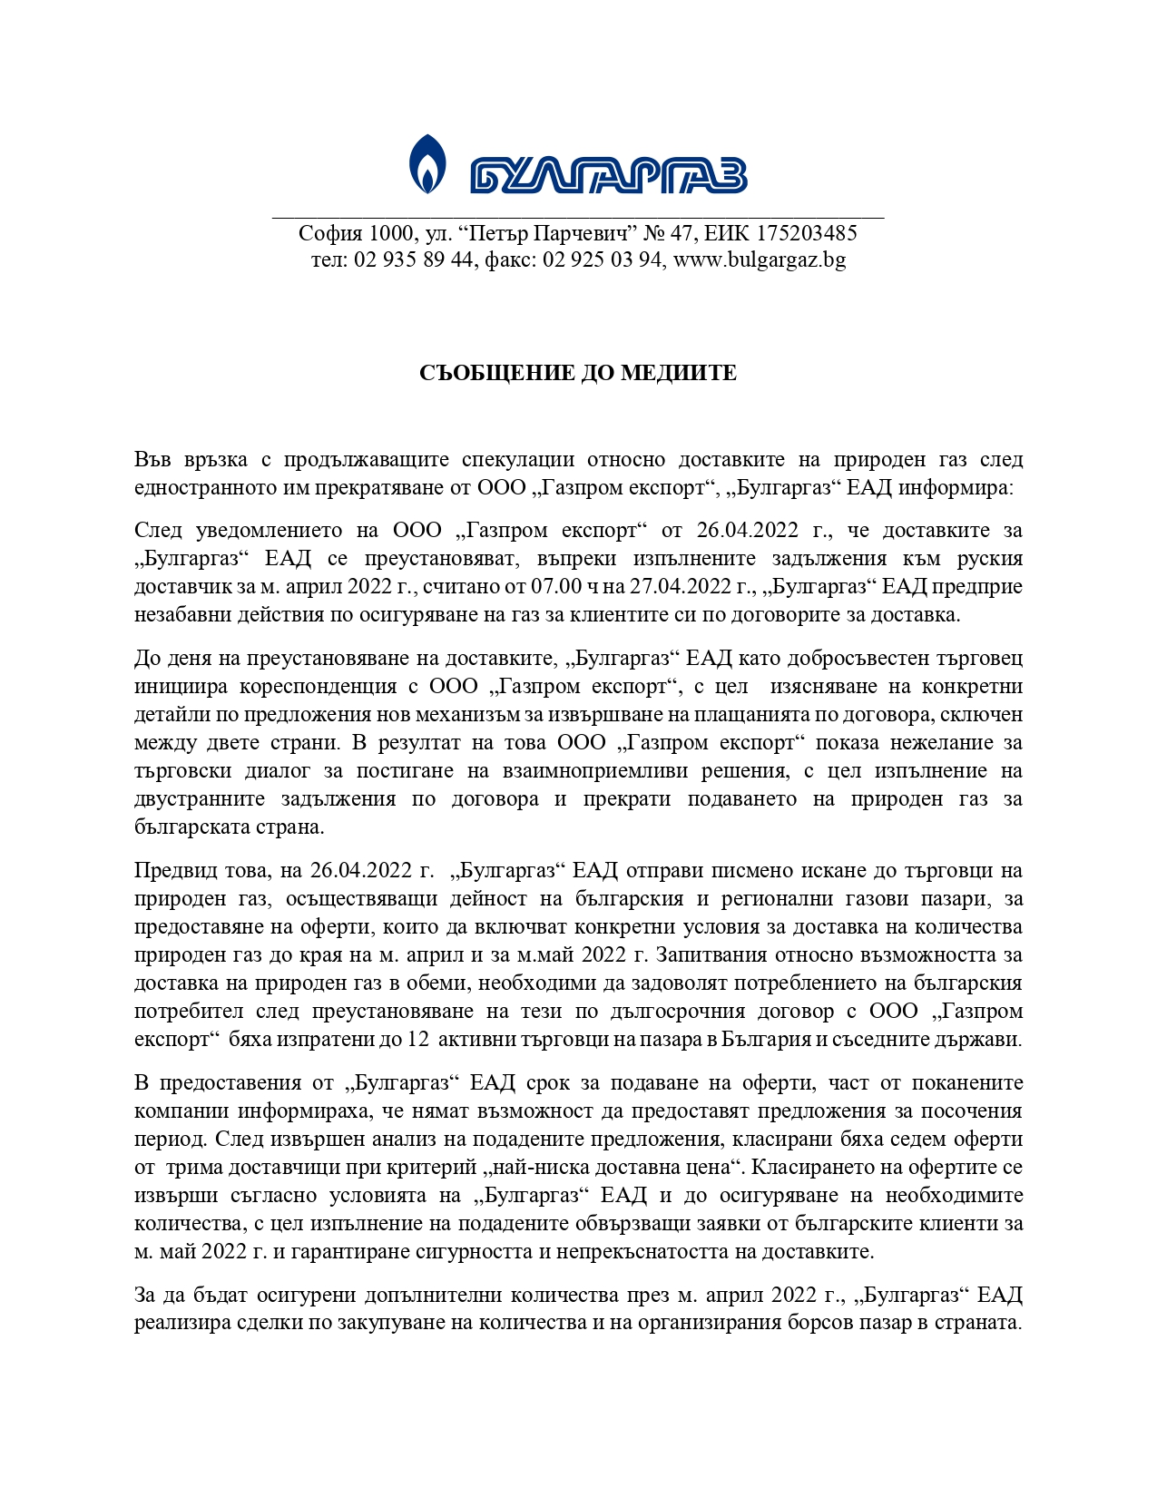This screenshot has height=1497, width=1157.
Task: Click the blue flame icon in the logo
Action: [427, 163]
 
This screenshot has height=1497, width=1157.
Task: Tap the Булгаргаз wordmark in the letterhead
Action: [608, 175]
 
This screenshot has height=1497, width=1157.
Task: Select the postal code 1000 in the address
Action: [391, 233]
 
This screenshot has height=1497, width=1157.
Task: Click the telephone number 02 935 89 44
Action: [414, 260]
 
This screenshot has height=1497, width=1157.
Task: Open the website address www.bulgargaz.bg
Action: [760, 260]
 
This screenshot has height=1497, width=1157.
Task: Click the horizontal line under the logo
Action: [578, 218]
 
